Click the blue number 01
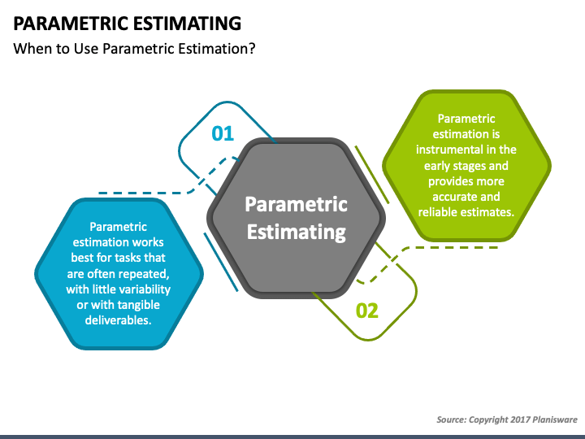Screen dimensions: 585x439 [x=223, y=133]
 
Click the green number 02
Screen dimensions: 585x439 [x=367, y=311]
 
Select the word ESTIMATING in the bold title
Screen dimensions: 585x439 [x=187, y=24]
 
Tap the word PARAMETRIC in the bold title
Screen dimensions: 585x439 [x=71, y=24]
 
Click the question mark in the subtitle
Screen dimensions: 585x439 [x=252, y=49]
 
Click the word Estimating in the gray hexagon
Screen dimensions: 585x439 [x=297, y=233]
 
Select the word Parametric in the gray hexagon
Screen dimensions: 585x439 [x=297, y=204]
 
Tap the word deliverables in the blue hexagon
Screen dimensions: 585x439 [x=118, y=320]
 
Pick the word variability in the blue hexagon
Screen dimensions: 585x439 [x=148, y=289]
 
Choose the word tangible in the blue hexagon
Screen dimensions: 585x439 [x=136, y=305]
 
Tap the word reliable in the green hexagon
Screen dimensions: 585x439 [x=438, y=212]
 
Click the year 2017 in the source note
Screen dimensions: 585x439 [x=520, y=419]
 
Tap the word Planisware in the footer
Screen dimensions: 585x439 [x=555, y=419]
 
